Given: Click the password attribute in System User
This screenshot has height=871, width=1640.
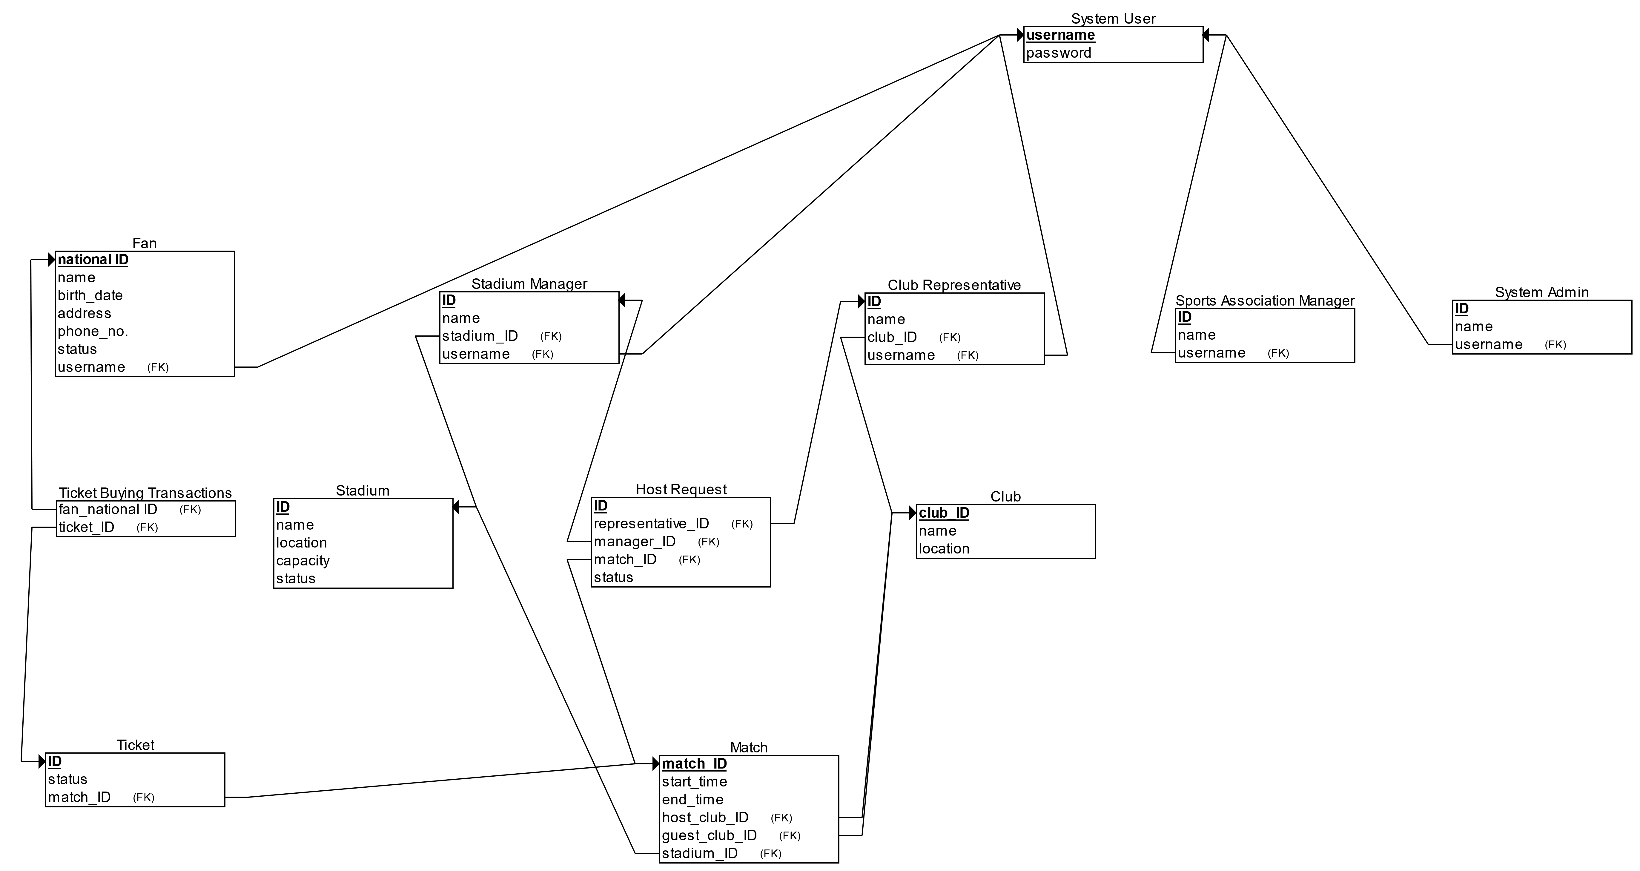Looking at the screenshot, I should click(x=1058, y=53).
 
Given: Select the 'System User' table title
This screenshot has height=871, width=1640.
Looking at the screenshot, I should click(x=1113, y=19).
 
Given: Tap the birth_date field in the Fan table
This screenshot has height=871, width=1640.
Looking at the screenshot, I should click(x=90, y=295).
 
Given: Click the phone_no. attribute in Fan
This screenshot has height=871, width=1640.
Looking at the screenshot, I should click(x=93, y=331).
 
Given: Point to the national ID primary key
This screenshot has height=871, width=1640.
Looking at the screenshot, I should click(x=93, y=260).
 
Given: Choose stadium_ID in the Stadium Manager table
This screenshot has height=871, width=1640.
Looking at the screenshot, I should click(x=480, y=336).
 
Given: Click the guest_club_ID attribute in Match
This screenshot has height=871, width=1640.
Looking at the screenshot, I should click(x=709, y=835).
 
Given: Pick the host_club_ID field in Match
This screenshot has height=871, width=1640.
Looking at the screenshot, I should click(x=705, y=818).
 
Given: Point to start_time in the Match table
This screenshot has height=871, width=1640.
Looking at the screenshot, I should click(x=694, y=782).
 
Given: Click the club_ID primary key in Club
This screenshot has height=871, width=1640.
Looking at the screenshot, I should click(x=944, y=513).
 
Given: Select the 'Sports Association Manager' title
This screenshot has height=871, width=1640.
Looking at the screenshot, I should click(x=1264, y=300).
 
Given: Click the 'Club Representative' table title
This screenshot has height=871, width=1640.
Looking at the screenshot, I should click(x=954, y=285).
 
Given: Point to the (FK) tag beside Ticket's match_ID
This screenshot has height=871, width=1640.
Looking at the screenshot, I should click(x=144, y=798).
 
